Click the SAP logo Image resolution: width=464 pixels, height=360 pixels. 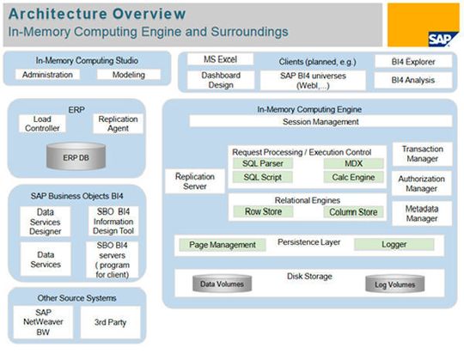click(441, 37)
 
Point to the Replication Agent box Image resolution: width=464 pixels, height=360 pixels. click(118, 124)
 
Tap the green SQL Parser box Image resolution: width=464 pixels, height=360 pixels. click(261, 162)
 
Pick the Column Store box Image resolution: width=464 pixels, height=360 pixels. click(352, 211)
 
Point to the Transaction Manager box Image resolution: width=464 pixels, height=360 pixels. click(421, 153)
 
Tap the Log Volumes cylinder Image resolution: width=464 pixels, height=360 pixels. click(394, 284)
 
